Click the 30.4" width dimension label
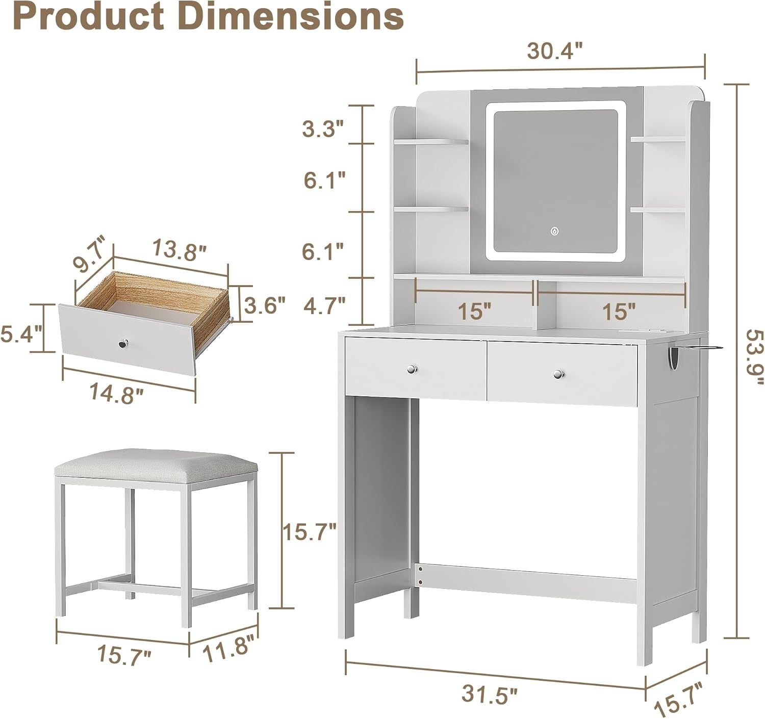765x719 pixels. click(554, 51)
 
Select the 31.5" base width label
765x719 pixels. click(489, 694)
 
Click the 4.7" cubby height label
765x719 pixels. click(324, 306)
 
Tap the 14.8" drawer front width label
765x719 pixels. click(116, 394)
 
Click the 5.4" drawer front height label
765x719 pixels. click(21, 335)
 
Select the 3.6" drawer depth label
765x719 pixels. click(264, 305)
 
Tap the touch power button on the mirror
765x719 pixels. click(554, 231)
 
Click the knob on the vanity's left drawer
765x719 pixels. click(411, 368)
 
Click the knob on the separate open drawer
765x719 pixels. click(123, 345)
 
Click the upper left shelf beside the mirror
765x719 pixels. click(431, 141)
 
